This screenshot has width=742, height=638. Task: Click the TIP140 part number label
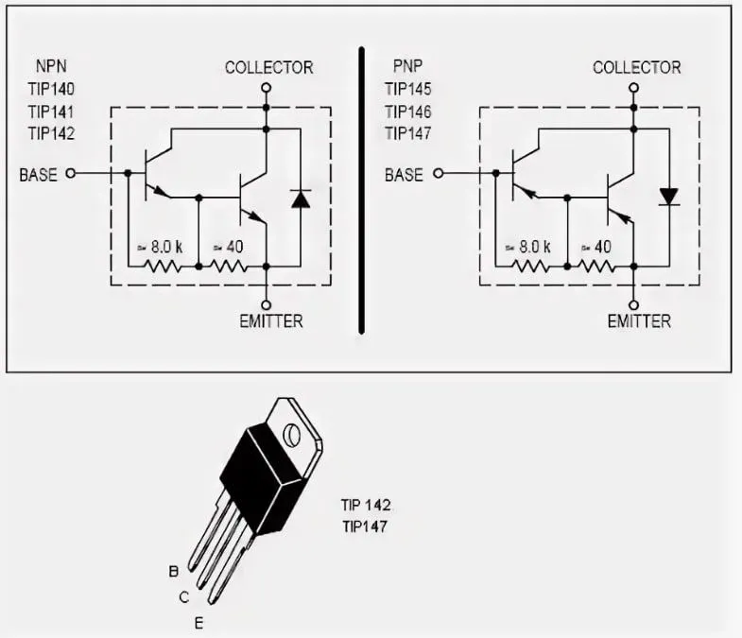pyautogui.click(x=51, y=89)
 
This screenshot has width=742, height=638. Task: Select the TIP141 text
pyautogui.click(x=51, y=112)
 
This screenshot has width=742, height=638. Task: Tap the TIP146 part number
pyautogui.click(x=408, y=112)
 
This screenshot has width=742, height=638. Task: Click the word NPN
pyautogui.click(x=51, y=66)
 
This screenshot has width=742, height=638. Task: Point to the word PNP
pyautogui.click(x=407, y=66)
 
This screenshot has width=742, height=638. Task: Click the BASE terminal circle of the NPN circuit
pyautogui.click(x=71, y=173)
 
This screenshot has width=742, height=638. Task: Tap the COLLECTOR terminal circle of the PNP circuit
pyautogui.click(x=634, y=88)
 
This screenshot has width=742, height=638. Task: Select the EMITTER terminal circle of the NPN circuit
pyautogui.click(x=267, y=304)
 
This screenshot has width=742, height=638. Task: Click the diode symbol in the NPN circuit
pyautogui.click(x=301, y=198)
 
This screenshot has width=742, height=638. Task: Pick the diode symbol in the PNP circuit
pyautogui.click(x=668, y=197)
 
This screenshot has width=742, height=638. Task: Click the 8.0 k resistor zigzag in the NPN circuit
pyautogui.click(x=163, y=267)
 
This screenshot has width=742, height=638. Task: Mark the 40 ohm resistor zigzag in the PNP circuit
pyautogui.click(x=597, y=267)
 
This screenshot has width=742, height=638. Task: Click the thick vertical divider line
pyautogui.click(x=361, y=191)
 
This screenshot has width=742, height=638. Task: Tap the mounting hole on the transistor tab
pyautogui.click(x=291, y=434)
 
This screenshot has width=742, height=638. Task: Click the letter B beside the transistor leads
pyautogui.click(x=174, y=572)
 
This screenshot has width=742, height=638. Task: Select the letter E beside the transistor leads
pyautogui.click(x=198, y=623)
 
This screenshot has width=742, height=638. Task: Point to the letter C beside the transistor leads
pyautogui.click(x=184, y=597)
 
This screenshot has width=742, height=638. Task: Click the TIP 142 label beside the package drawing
pyautogui.click(x=366, y=505)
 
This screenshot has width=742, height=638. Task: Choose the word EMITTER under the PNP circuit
pyautogui.click(x=639, y=321)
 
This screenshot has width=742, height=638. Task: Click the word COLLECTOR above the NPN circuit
pyautogui.click(x=268, y=68)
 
